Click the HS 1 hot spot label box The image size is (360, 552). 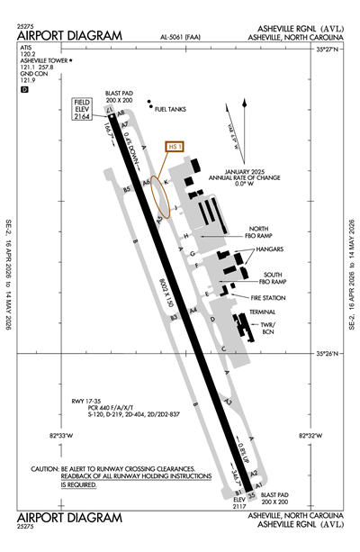click(x=175, y=146)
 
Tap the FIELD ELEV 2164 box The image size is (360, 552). click(x=84, y=110)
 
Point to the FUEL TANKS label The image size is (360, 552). click(x=170, y=109)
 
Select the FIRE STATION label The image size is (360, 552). click(x=269, y=296)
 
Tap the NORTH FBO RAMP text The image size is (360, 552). click(x=258, y=233)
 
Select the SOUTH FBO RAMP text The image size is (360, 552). click(x=273, y=277)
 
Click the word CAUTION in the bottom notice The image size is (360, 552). click(x=43, y=469)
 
